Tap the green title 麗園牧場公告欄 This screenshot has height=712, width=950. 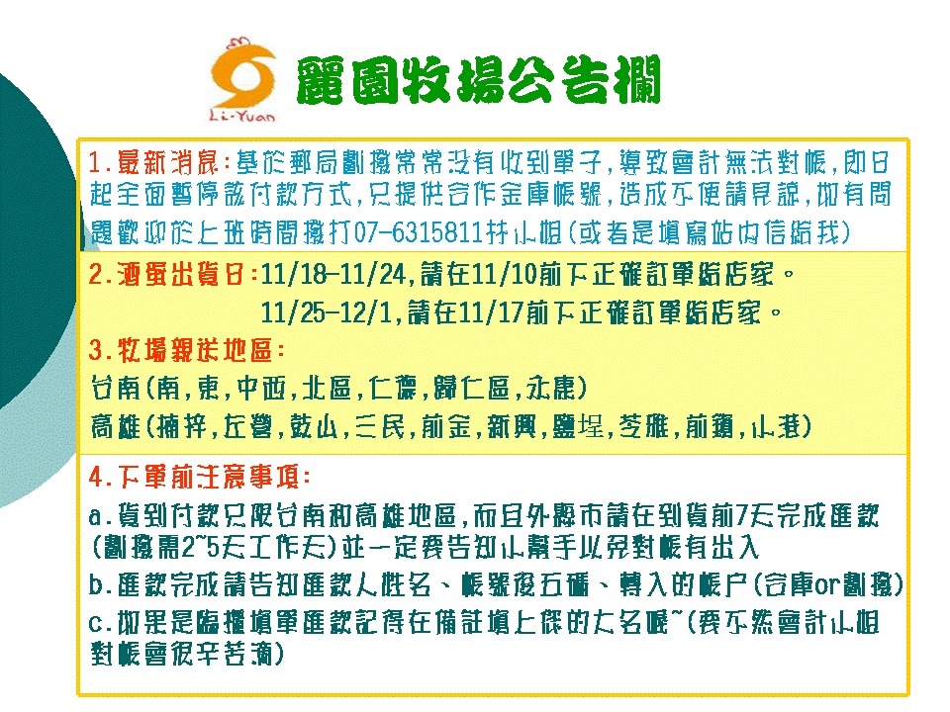pyautogui.click(x=478, y=80)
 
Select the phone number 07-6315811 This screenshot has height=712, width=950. pyautogui.click(x=418, y=232)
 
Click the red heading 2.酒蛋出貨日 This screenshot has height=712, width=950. pyautogui.click(x=172, y=274)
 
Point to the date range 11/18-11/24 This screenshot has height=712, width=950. pyautogui.click(x=332, y=274)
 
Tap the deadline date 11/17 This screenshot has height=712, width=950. pyautogui.click(x=491, y=312)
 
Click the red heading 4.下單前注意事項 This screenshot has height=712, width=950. pyautogui.click(x=200, y=477)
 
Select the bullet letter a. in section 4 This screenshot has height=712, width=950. pyautogui.click(x=101, y=516)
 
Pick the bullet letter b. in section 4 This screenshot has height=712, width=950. pyautogui.click(x=101, y=585)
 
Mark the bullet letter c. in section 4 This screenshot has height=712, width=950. pyautogui.click(x=101, y=623)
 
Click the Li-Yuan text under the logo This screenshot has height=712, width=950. pyautogui.click(x=241, y=115)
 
